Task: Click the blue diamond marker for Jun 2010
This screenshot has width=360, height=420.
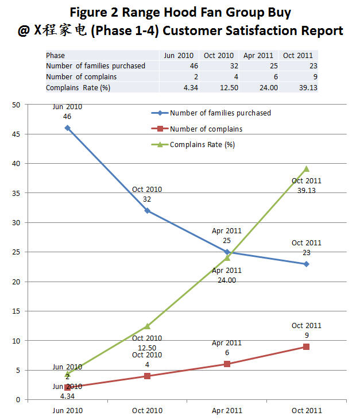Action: click(x=68, y=128)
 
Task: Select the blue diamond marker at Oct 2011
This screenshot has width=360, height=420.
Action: click(x=307, y=264)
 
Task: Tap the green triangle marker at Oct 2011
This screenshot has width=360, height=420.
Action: click(x=307, y=168)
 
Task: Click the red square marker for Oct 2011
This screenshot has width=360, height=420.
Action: click(x=307, y=346)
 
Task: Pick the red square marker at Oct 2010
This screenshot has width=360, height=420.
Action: click(x=148, y=376)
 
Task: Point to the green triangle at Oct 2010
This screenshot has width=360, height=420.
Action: click(x=148, y=326)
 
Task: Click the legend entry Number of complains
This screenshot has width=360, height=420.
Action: click(x=206, y=129)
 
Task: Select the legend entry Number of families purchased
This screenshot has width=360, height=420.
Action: click(x=220, y=113)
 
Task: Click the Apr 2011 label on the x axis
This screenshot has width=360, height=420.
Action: click(x=227, y=410)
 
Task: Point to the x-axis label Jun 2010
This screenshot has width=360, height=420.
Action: click(x=68, y=410)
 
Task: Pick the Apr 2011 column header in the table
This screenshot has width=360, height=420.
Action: click(x=258, y=56)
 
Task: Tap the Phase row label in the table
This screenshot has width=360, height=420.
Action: click(x=56, y=56)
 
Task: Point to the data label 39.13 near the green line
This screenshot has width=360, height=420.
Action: click(x=307, y=190)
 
